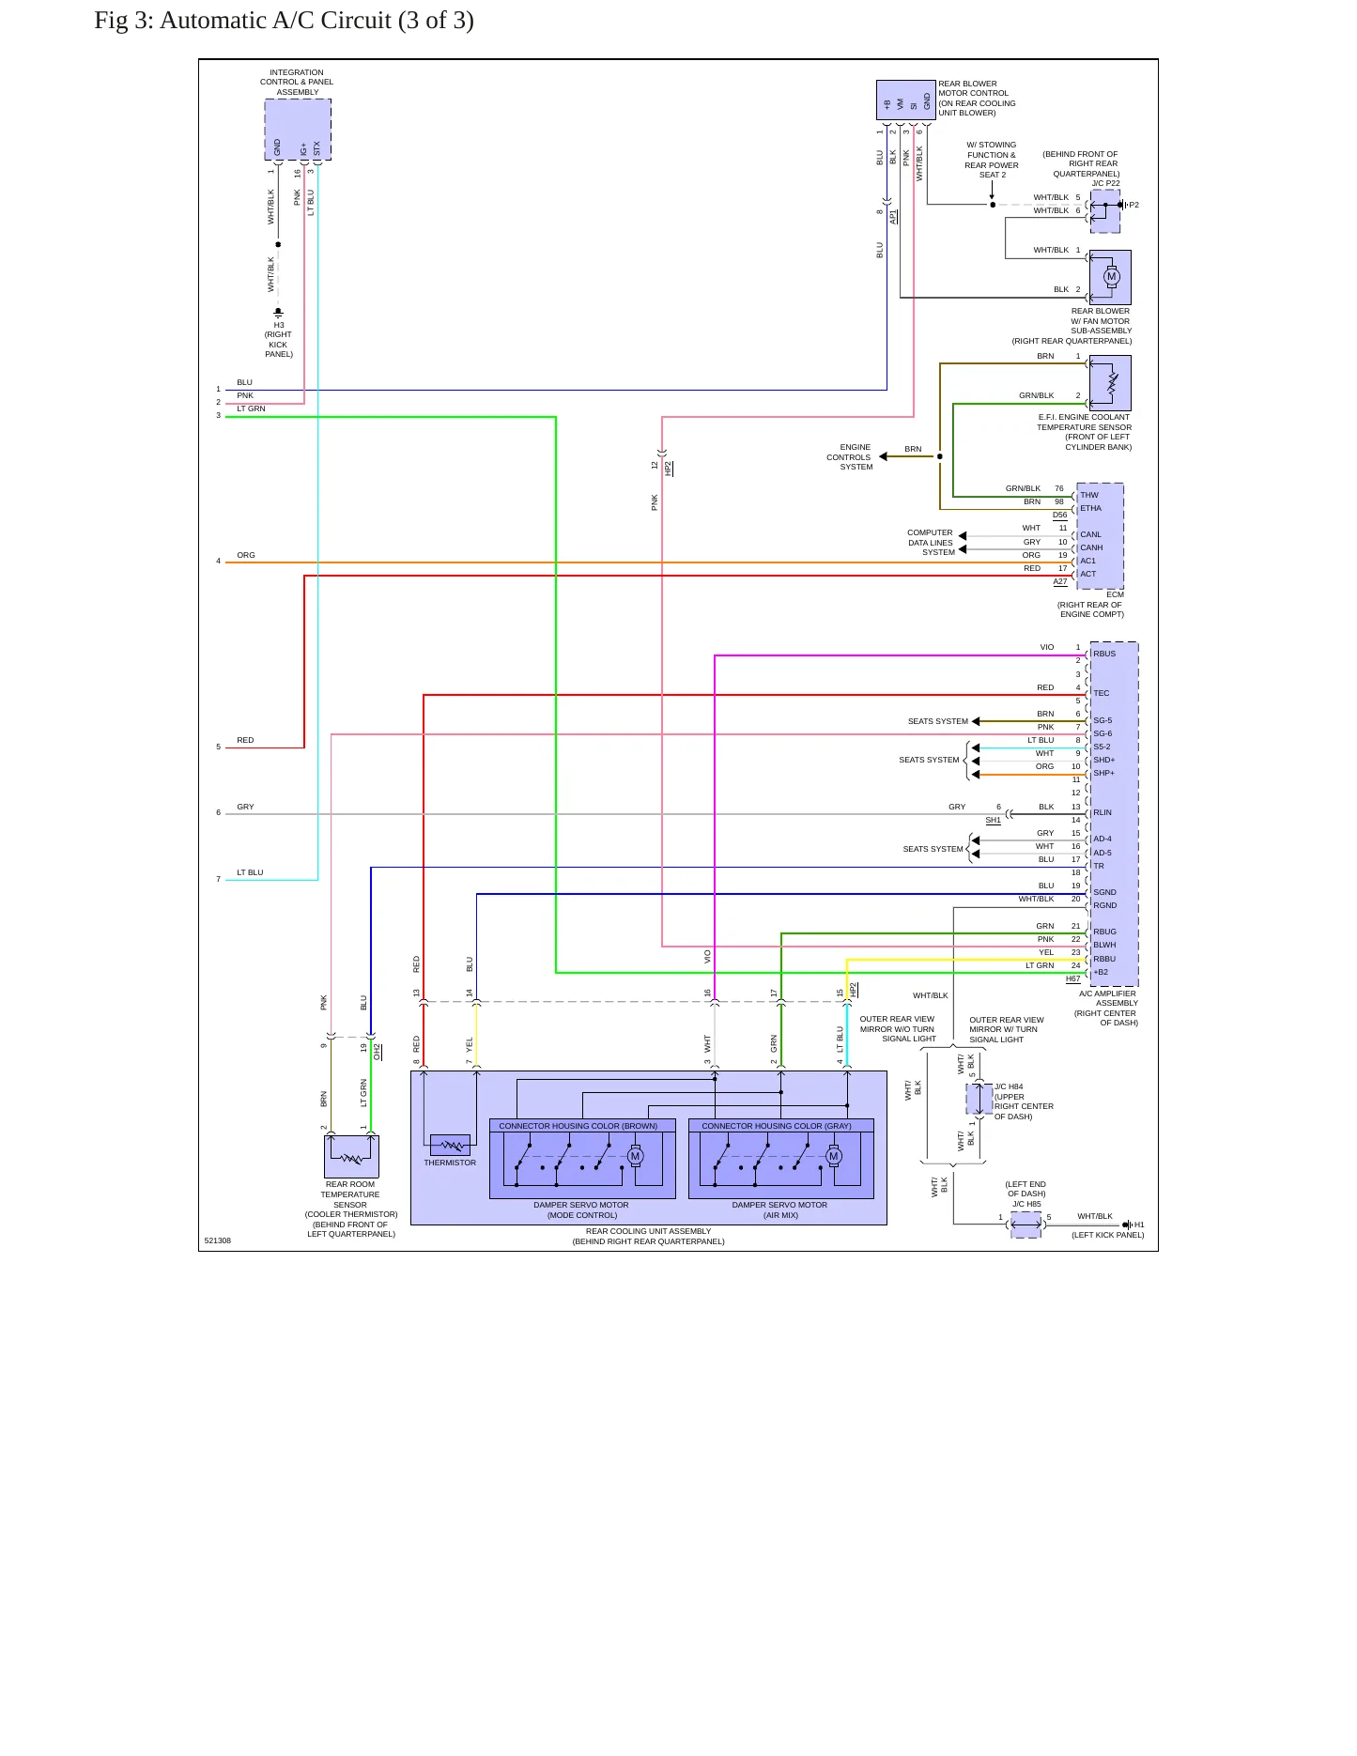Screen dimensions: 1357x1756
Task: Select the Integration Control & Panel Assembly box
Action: tap(298, 130)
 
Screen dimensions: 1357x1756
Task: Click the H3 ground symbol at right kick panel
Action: tap(278, 312)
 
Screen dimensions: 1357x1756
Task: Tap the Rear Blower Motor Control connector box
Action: tap(906, 100)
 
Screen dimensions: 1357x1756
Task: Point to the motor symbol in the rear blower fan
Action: tap(1112, 277)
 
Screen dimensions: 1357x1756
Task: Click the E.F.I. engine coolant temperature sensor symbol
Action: tap(1111, 383)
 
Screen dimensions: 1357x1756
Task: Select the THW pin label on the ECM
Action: tap(1089, 495)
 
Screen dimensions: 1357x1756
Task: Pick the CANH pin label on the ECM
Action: tap(1091, 547)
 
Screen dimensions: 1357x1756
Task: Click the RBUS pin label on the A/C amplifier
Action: tap(1104, 654)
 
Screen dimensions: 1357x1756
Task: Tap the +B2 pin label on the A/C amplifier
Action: tap(1101, 972)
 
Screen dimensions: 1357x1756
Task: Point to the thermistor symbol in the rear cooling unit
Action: tap(450, 1146)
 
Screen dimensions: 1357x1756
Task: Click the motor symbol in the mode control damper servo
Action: tap(635, 1156)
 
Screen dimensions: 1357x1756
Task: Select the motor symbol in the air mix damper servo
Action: tap(834, 1156)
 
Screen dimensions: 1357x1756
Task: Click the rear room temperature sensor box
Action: tap(351, 1156)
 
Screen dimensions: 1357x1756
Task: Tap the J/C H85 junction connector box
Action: tap(1025, 1225)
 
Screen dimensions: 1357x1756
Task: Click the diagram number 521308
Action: tap(218, 1240)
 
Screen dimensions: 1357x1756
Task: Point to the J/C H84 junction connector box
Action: tap(979, 1099)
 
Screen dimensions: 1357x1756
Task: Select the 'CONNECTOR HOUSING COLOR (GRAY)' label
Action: tap(777, 1125)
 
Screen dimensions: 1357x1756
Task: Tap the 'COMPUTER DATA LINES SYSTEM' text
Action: tap(931, 543)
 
